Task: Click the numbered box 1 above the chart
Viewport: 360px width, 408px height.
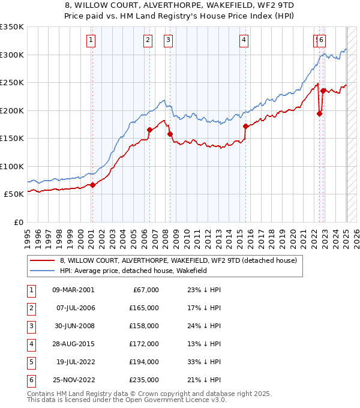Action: (90, 40)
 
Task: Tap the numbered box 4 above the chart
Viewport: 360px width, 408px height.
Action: (244, 40)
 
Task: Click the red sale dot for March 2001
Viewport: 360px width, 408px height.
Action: (93, 185)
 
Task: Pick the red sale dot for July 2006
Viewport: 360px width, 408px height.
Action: (149, 130)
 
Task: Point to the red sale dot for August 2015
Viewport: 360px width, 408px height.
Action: (246, 126)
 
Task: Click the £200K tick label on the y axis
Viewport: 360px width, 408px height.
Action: (12, 110)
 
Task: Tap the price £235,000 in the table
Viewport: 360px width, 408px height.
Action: (145, 380)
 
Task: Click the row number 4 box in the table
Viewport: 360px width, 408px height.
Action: (31, 344)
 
